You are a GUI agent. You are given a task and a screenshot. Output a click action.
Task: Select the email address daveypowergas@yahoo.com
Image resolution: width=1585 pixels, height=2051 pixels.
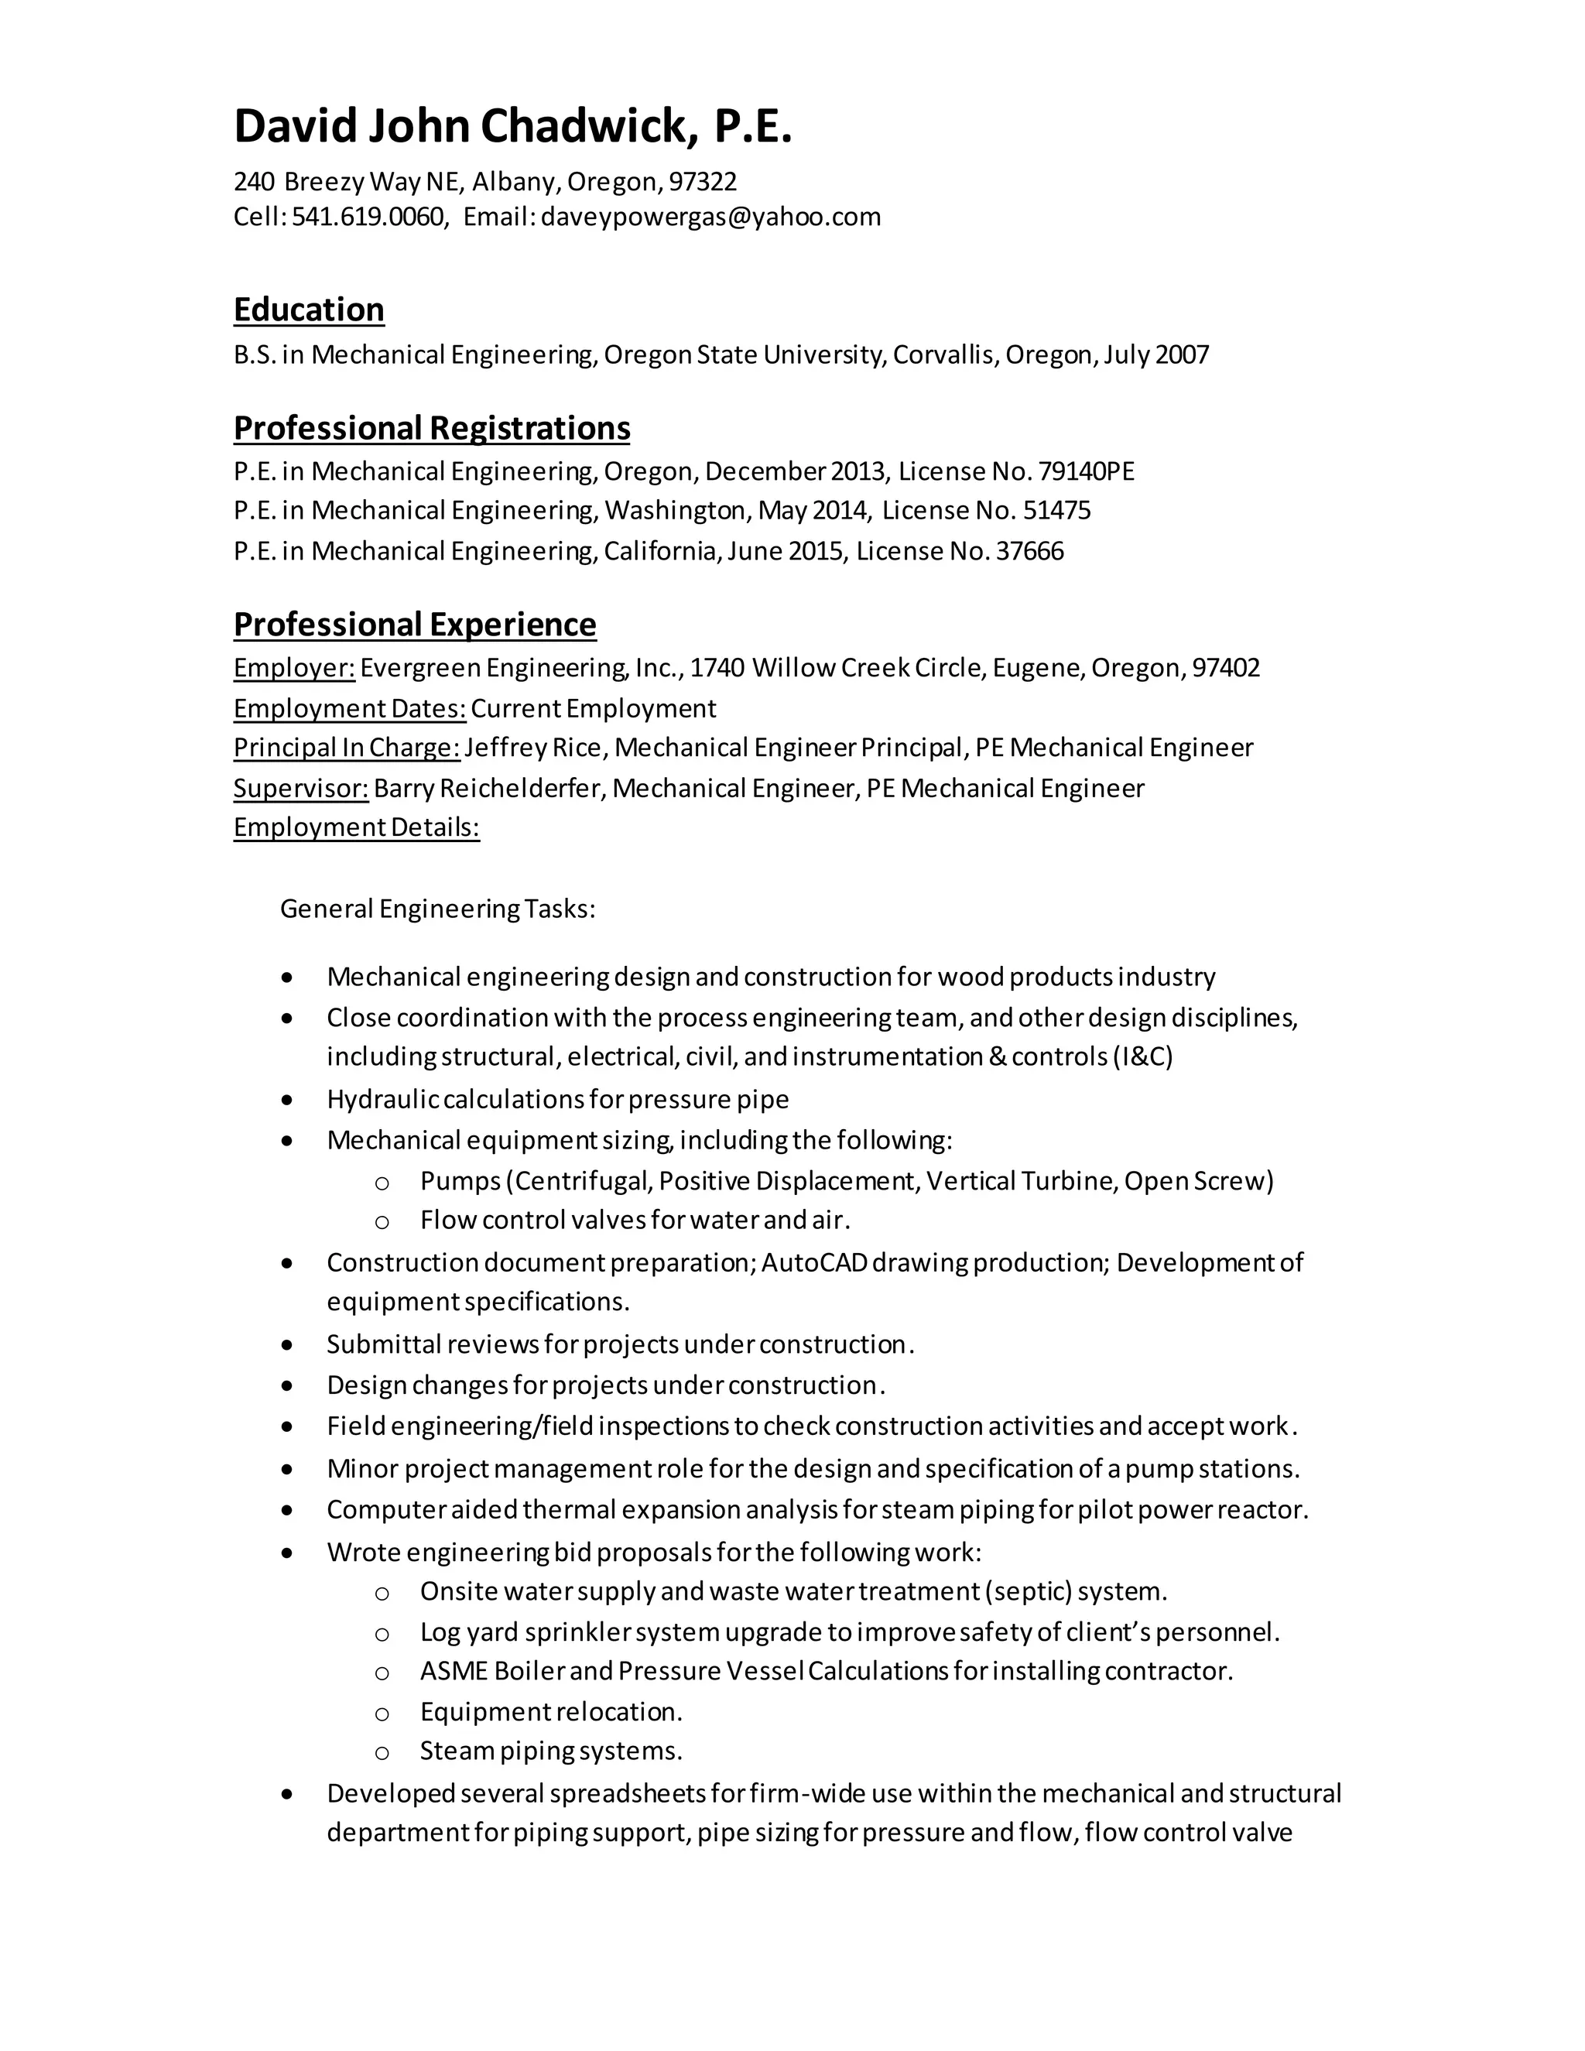710,217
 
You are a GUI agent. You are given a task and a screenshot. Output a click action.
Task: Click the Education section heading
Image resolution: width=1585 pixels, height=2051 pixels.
309,310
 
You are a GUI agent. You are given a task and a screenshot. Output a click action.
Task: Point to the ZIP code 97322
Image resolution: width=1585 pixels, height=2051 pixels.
703,181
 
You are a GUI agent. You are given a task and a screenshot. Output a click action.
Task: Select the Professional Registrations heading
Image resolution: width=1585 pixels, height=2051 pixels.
432,428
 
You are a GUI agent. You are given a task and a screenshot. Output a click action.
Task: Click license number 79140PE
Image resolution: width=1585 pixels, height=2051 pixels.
1087,471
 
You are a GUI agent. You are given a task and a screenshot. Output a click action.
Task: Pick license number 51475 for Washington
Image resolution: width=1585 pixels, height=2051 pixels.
1056,511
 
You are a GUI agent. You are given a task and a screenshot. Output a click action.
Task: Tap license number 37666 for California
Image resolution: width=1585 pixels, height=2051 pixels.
1029,551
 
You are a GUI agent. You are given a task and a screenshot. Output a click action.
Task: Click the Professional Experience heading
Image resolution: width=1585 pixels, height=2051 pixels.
414,625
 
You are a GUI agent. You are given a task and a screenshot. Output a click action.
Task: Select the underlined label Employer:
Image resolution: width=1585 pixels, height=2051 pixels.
294,669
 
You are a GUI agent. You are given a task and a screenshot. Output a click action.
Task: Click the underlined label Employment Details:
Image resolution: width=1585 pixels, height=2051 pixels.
356,828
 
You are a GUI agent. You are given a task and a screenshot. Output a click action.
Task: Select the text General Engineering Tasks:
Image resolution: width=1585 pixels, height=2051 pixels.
437,909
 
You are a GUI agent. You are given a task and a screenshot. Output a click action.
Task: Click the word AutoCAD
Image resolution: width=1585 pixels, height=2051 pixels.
814,1262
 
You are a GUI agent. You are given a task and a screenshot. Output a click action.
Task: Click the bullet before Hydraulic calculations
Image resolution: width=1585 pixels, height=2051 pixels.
287,1100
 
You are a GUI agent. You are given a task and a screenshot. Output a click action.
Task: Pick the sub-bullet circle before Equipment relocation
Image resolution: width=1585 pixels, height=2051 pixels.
382,1714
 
